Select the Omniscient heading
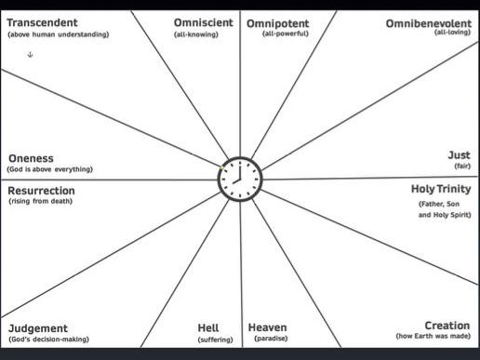(204, 21)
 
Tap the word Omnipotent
(277, 21)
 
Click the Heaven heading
(267, 327)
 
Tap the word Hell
(208, 327)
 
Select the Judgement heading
(38, 328)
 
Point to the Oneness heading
(31, 158)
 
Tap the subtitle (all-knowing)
(195, 33)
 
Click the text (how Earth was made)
(433, 336)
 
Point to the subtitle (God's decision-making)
(48, 340)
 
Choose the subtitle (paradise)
(271, 339)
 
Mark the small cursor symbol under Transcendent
(30, 55)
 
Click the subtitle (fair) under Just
(461, 166)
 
